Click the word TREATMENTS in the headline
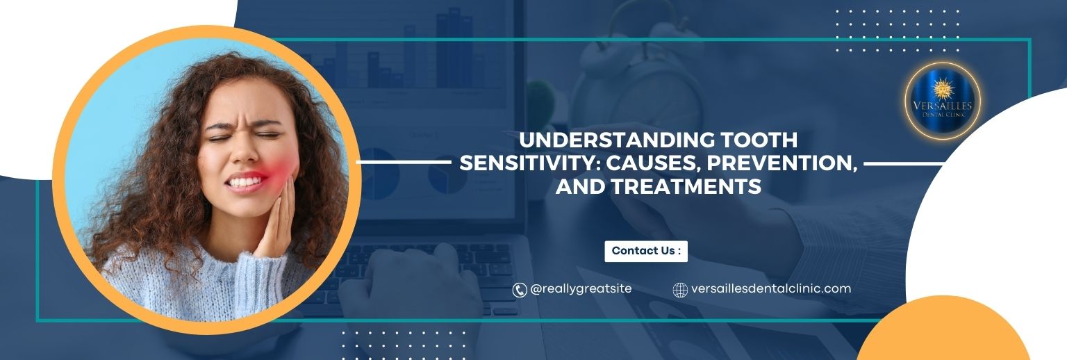[686, 186]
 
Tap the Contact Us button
[646, 252]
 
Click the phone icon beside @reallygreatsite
[519, 290]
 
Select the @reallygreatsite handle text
[581, 289]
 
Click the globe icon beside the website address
[680, 290]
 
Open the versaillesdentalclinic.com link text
[770, 288]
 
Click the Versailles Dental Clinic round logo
[942, 101]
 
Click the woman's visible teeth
[246, 181]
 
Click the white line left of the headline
[404, 162]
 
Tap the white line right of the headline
[904, 163]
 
